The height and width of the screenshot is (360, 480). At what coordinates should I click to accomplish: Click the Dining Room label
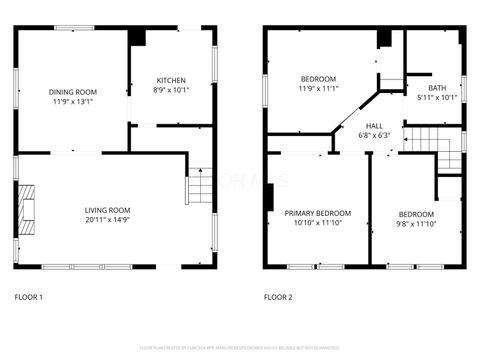pyautogui.click(x=71, y=90)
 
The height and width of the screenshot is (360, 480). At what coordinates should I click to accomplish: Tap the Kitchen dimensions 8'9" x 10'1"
pyautogui.click(x=170, y=90)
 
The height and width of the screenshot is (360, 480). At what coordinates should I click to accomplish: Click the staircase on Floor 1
pyautogui.click(x=199, y=186)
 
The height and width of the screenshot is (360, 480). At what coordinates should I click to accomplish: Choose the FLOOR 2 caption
pyautogui.click(x=278, y=297)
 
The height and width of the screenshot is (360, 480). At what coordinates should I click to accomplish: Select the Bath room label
pyautogui.click(x=437, y=87)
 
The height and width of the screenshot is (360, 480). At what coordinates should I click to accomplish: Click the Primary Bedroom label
pyautogui.click(x=317, y=214)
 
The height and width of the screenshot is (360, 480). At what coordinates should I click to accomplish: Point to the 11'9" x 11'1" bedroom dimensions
pyautogui.click(x=318, y=89)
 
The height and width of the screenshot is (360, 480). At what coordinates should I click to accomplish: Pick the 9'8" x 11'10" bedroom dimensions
pyautogui.click(x=416, y=225)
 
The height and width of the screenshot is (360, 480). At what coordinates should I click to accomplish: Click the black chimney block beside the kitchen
pyautogui.click(x=137, y=37)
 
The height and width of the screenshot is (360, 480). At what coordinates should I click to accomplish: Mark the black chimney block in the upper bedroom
pyautogui.click(x=383, y=39)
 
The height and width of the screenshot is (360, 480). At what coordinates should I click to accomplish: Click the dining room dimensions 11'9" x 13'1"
pyautogui.click(x=71, y=100)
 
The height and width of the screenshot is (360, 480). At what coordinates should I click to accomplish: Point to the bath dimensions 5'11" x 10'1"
pyautogui.click(x=437, y=97)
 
